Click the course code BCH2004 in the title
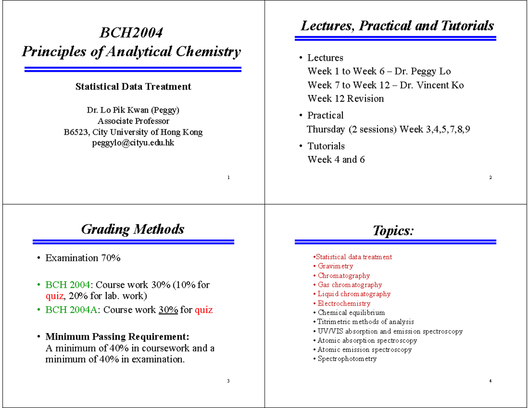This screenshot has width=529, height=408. click(x=131, y=33)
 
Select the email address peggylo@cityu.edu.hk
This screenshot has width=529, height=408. click(x=133, y=143)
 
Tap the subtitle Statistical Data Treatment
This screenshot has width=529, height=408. click(x=133, y=87)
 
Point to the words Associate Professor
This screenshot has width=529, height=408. click(x=133, y=121)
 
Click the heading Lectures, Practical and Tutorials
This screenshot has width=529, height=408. click(x=397, y=26)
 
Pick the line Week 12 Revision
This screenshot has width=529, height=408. click(x=345, y=99)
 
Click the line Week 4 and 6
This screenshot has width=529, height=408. click(x=336, y=159)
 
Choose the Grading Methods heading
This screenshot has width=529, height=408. click(x=133, y=229)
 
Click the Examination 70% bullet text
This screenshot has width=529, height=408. click(x=83, y=258)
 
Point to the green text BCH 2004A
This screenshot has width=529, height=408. click(x=72, y=310)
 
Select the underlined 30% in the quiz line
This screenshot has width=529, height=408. click(x=168, y=310)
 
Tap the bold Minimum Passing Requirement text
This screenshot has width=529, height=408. click(x=118, y=337)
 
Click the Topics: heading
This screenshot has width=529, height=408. click(x=393, y=230)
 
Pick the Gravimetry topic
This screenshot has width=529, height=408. click(x=335, y=266)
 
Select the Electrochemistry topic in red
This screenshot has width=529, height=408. click(x=344, y=303)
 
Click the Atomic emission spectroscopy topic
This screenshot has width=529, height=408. click(x=365, y=349)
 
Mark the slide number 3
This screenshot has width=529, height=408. click(x=228, y=381)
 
